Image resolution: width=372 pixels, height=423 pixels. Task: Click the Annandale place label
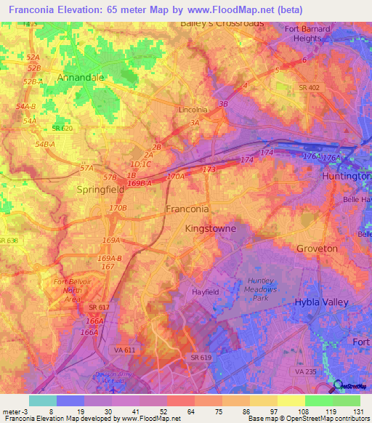pyautogui.click(x=81, y=76)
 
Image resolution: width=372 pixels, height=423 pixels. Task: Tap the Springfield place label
pyautogui.click(x=101, y=189)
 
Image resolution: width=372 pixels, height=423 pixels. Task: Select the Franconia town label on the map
pyautogui.click(x=187, y=209)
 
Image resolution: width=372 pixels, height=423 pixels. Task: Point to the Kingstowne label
pyautogui.click(x=211, y=228)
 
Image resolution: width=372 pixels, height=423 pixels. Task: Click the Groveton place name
pyautogui.click(x=317, y=249)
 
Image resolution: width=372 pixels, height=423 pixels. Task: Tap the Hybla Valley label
pyautogui.click(x=321, y=302)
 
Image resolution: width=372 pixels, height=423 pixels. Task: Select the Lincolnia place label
pyautogui.click(x=193, y=110)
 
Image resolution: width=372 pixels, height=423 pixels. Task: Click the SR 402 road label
pyautogui.click(x=310, y=87)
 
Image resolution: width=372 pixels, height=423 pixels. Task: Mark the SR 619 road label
pyautogui.click(x=201, y=358)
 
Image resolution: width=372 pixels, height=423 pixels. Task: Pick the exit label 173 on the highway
pyautogui.click(x=209, y=169)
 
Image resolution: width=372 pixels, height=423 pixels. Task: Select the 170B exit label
pyautogui.click(x=118, y=208)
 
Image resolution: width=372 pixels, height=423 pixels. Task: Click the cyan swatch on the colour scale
pyautogui.click(x=42, y=400)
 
